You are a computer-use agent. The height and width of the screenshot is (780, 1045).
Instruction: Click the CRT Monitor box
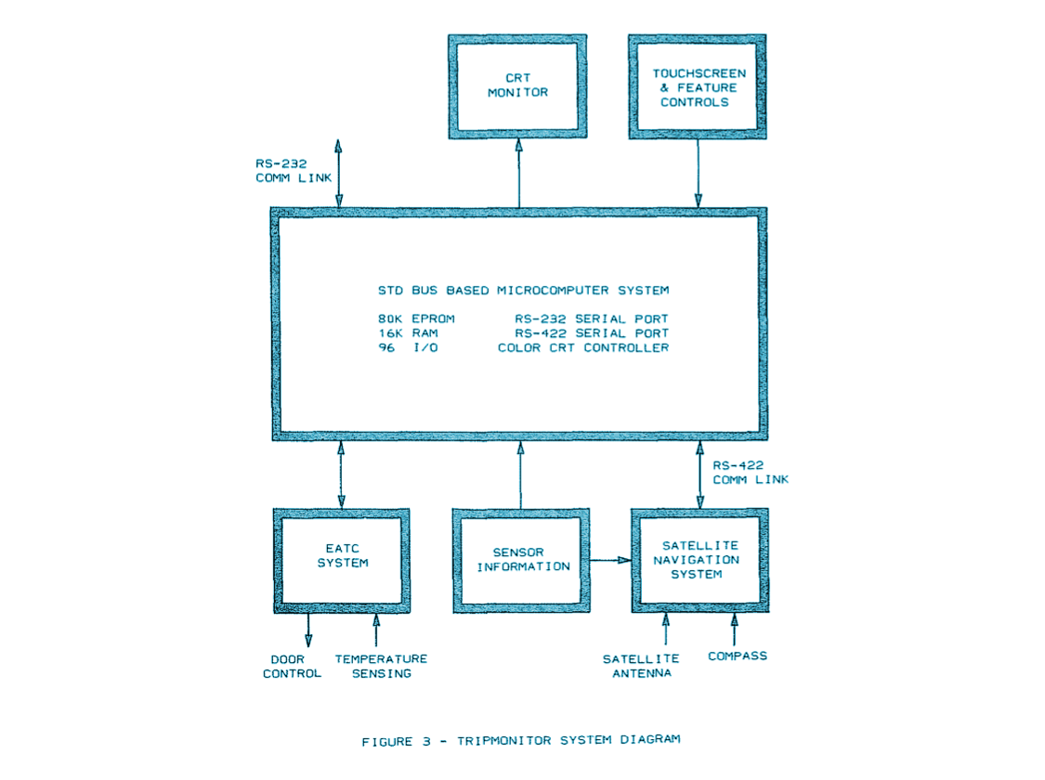coord(517,85)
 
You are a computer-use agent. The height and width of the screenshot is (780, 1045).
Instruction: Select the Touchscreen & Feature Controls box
coord(697,87)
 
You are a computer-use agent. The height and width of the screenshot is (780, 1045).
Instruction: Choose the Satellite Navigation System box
coord(699,560)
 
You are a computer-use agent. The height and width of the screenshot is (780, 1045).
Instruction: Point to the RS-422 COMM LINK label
coord(750,472)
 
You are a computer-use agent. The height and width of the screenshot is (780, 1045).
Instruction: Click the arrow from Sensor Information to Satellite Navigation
coord(610,560)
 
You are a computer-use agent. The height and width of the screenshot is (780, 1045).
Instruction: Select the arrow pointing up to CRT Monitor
coord(518,173)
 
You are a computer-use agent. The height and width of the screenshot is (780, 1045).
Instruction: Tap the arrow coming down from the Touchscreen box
coord(698,173)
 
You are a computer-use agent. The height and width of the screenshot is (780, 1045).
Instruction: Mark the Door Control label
coord(291,666)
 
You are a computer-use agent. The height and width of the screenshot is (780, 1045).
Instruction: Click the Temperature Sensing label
coord(381,666)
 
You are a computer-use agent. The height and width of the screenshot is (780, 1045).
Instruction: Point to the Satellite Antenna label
coord(641,666)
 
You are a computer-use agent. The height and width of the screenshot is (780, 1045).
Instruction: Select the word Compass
coord(738,656)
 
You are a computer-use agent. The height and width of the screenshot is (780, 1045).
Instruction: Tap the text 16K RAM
coord(401,333)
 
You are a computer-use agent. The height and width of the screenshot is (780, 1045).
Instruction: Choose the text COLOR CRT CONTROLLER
coord(582,348)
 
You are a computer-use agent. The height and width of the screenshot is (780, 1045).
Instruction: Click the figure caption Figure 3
coord(520,740)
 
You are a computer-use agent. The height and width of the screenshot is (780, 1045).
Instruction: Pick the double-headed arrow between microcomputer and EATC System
coord(341,474)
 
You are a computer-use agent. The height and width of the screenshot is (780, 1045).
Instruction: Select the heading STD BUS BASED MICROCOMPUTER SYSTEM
coord(523,290)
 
